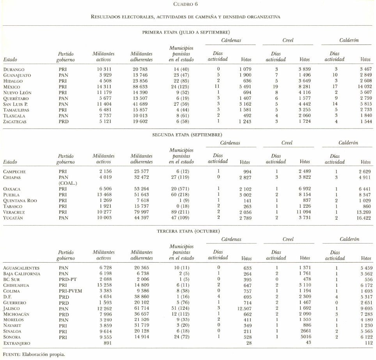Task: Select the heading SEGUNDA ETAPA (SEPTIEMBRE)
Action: point(187,134)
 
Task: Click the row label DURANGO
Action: point(14,69)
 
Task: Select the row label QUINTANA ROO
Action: point(20,201)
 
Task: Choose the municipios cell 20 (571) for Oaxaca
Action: point(181,189)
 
